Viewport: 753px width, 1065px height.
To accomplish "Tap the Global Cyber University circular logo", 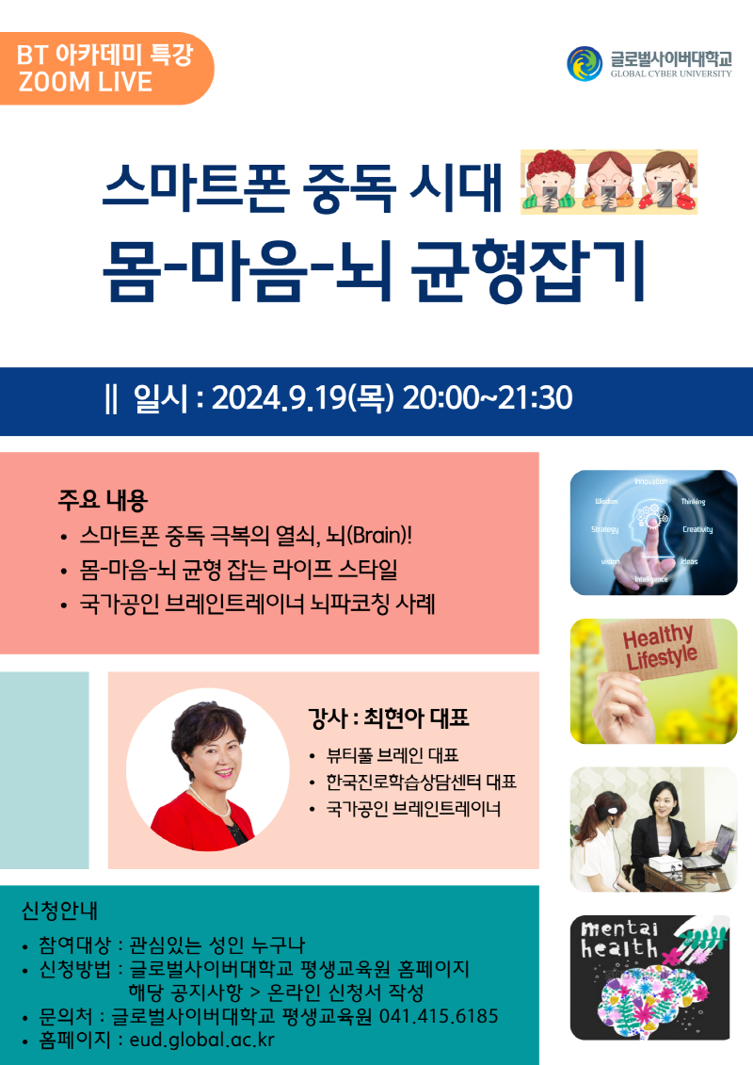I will pos(585,63).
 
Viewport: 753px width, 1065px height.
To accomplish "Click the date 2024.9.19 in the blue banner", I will pos(293,398).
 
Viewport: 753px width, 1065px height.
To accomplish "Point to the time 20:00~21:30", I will pos(487,398).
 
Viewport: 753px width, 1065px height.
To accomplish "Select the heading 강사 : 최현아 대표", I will pos(388,719).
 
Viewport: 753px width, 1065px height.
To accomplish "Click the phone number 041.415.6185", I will pos(439,1016).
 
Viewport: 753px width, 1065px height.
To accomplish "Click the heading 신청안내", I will pos(59,912).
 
